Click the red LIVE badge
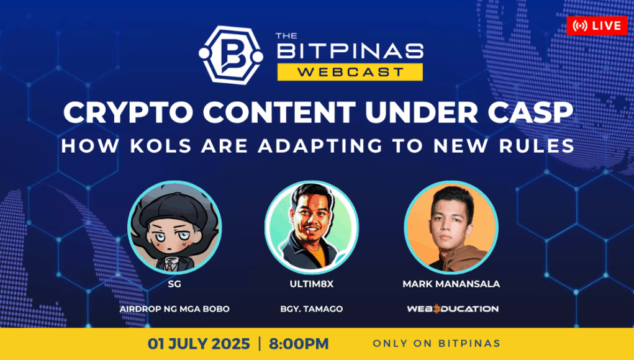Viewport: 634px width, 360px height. tap(597, 26)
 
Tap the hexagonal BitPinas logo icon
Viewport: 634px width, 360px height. tap(231, 55)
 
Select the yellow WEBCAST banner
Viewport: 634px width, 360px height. tap(350, 72)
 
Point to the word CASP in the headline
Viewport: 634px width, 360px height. tap(530, 112)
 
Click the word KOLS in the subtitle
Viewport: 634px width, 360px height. tap(161, 146)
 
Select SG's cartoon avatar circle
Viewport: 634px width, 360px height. tap(174, 227)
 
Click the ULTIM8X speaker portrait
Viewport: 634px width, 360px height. tap(311, 227)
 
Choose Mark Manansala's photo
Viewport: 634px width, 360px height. tap(451, 227)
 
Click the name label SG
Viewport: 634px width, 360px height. tap(174, 284)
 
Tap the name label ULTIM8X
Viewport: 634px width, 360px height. tap(311, 284)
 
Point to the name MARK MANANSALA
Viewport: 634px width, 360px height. tap(451, 284)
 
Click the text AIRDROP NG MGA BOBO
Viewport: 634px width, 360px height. tap(174, 309)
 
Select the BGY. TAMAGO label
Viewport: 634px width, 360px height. tap(311, 309)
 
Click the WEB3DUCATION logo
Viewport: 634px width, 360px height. tap(453, 309)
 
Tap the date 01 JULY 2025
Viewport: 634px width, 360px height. tap(199, 344)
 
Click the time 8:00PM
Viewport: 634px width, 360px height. tap(299, 344)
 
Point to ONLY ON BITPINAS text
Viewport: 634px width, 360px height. tap(437, 343)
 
